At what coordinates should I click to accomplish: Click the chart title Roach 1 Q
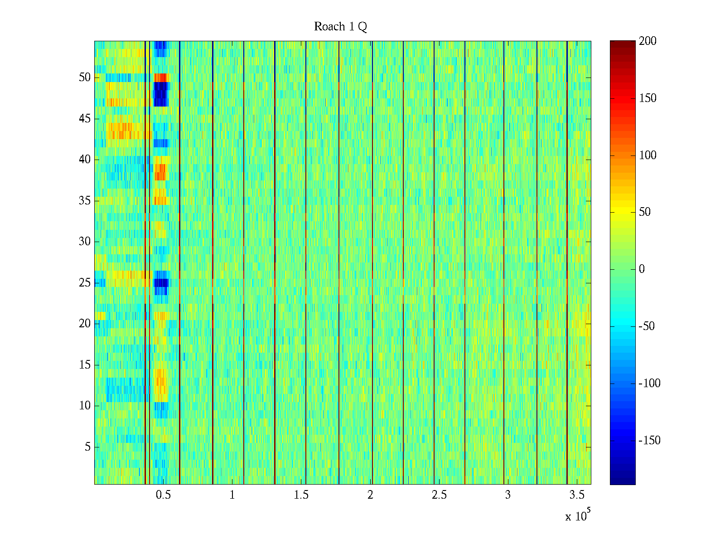tap(340, 27)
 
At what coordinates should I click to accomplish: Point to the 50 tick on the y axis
tap(85, 77)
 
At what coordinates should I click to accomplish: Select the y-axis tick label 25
tap(85, 283)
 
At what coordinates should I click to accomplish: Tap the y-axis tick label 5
tap(87, 447)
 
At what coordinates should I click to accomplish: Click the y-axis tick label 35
tap(85, 200)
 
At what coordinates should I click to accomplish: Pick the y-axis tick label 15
tap(85, 365)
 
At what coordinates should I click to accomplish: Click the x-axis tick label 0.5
tap(163, 495)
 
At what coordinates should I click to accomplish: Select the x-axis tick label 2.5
tap(439, 495)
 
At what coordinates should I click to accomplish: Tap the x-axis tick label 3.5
tap(577, 495)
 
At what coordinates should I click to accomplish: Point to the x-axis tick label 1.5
tap(301, 495)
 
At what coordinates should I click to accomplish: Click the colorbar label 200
tap(648, 41)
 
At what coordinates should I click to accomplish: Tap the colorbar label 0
tap(642, 269)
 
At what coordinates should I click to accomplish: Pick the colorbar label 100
tap(648, 155)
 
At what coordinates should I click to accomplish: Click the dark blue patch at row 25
tap(161, 283)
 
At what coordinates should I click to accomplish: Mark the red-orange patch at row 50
tap(161, 78)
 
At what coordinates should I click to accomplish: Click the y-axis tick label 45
tap(85, 119)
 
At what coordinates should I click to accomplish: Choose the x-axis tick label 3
tap(508, 495)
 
